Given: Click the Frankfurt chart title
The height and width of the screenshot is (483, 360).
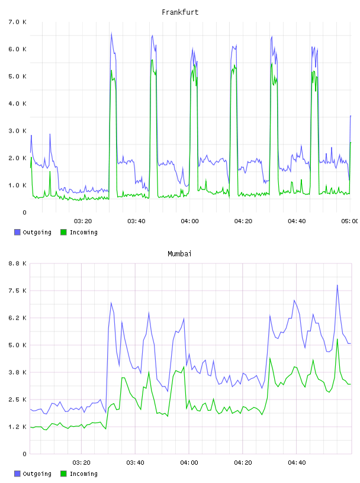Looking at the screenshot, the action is (180, 12).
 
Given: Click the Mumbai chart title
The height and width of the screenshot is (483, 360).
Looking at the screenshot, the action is (179, 254).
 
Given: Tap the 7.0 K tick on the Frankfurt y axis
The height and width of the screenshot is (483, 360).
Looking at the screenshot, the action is (17, 22).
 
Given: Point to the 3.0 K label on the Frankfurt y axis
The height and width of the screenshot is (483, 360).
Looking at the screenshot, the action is (17, 131).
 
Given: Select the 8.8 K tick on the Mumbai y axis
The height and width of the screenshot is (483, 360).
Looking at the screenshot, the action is (17, 263).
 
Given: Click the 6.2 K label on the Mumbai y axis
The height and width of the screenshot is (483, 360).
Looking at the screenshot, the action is (17, 318).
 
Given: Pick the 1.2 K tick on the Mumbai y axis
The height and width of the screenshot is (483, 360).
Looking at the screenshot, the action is (17, 427).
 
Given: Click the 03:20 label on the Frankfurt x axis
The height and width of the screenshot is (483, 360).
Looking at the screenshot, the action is (83, 221).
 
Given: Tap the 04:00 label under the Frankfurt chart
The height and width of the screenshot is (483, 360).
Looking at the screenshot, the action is (190, 221).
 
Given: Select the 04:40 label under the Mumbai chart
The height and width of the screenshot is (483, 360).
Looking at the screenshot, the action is (297, 463).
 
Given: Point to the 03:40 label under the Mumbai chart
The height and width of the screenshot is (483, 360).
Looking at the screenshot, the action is (136, 463).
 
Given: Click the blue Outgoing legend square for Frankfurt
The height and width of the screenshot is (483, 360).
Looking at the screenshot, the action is (17, 232).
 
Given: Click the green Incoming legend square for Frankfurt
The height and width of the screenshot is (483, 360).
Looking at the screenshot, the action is (63, 232).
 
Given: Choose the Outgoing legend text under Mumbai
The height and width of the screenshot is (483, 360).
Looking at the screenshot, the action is (37, 474).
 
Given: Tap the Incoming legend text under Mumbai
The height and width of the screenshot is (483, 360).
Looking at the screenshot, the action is (83, 474).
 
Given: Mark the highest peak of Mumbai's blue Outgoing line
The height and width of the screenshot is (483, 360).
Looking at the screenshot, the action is (337, 285).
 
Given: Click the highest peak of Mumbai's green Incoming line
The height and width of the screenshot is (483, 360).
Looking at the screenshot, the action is (337, 339).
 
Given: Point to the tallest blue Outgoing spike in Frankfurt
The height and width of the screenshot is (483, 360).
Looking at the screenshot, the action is (111, 33).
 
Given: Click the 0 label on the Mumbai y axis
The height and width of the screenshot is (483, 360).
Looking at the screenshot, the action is (24, 454).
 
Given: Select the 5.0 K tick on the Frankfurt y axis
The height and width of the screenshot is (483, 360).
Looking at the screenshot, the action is (17, 76).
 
